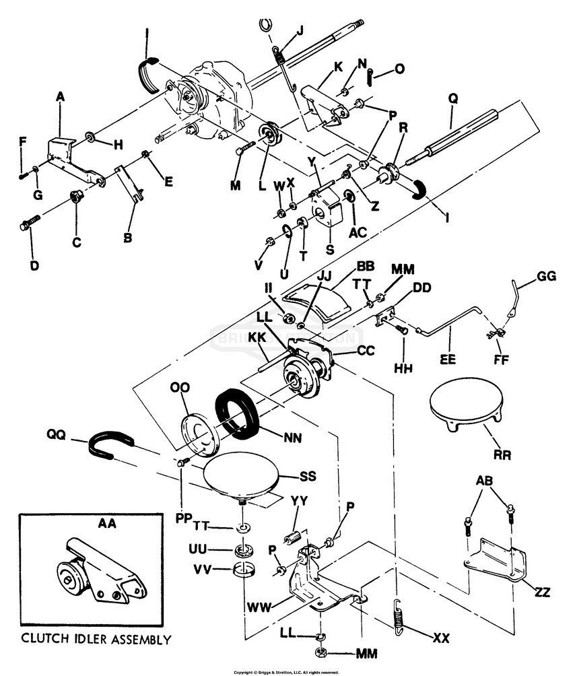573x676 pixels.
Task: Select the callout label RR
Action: [502, 455]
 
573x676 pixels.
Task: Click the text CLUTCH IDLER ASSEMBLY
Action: [95, 639]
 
